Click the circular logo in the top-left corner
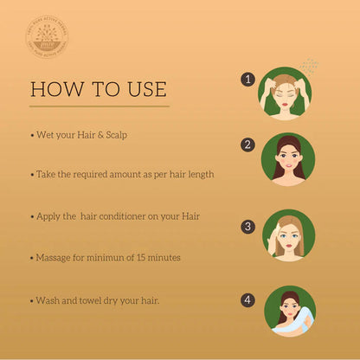48,40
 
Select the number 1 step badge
248,80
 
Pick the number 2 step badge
248,145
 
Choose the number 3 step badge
248,227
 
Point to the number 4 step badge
248,300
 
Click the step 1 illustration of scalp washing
285,93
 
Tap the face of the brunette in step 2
288,159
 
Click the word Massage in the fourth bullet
55,257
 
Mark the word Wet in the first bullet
46,136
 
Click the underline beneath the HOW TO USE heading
99,106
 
